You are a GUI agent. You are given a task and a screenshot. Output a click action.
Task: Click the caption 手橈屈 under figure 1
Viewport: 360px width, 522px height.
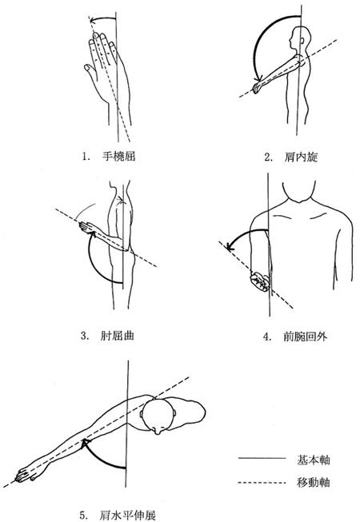(x=119, y=156)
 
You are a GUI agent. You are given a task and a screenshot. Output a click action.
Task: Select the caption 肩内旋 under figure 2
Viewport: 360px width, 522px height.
(x=301, y=157)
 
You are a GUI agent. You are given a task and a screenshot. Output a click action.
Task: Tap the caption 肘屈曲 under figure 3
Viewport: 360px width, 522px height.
(x=118, y=335)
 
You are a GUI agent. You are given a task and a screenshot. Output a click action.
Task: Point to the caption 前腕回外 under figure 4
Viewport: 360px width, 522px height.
(x=306, y=337)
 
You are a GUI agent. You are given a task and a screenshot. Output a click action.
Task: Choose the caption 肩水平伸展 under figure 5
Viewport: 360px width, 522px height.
(x=127, y=516)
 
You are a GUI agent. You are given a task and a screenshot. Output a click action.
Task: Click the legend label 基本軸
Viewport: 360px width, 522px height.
(x=313, y=460)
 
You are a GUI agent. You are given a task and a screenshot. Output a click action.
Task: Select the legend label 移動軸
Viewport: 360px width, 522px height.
(x=313, y=482)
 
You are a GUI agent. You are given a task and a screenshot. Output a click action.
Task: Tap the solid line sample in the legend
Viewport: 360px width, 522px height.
(x=262, y=458)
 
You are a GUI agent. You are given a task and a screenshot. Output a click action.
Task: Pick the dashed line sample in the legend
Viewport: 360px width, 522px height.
(x=262, y=482)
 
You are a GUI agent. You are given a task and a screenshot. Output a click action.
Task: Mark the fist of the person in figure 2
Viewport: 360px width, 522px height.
(x=257, y=88)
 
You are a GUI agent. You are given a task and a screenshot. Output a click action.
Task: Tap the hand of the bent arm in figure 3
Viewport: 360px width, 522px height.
(x=86, y=227)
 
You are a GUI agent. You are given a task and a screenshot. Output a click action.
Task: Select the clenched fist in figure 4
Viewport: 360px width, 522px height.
(x=260, y=281)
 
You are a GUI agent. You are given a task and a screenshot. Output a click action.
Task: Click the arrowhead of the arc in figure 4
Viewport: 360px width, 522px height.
(x=230, y=246)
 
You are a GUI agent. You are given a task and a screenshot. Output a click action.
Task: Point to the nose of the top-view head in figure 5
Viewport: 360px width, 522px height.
(x=158, y=430)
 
